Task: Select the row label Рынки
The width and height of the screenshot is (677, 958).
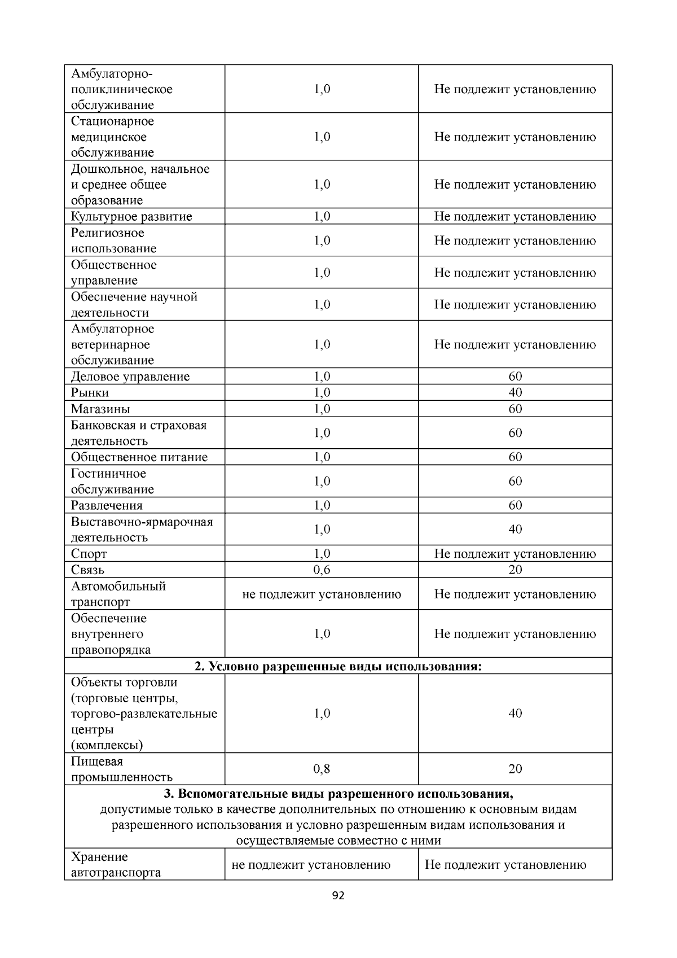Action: (x=90, y=393)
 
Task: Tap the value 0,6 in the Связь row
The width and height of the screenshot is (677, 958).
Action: (x=322, y=570)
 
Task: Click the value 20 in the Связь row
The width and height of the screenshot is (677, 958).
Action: (x=515, y=570)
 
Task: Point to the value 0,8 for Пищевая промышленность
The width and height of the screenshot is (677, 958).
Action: (x=322, y=769)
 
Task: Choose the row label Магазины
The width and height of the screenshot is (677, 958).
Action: (x=100, y=409)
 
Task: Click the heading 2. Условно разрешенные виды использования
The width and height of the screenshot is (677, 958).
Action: (x=338, y=666)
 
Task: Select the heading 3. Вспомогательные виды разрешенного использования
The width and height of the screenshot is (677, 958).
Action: (x=338, y=794)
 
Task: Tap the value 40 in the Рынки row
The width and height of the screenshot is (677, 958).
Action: (x=515, y=393)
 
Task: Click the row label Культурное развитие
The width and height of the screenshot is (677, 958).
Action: (x=131, y=217)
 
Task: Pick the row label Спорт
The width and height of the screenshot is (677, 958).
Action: (x=89, y=554)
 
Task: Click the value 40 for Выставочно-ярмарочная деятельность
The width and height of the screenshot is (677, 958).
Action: (x=515, y=530)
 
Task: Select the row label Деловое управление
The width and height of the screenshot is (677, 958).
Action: (x=130, y=377)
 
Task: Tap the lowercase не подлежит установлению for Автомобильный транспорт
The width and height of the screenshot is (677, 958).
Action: (x=322, y=594)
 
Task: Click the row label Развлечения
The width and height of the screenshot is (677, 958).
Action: (x=107, y=505)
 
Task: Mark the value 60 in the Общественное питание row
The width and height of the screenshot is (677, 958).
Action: (x=515, y=457)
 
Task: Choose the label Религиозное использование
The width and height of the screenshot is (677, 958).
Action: (x=113, y=240)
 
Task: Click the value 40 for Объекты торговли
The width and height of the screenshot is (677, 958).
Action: (x=515, y=714)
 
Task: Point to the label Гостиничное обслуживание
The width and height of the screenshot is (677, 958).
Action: (x=112, y=482)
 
